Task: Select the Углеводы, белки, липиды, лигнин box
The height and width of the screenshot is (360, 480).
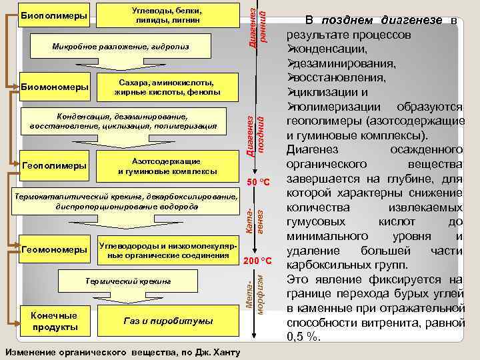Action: [x=167, y=16]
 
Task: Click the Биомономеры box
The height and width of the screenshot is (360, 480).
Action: [x=55, y=87]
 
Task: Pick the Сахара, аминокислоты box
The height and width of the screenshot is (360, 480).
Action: [x=167, y=87]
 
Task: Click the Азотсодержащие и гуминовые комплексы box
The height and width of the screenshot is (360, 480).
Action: [x=167, y=166]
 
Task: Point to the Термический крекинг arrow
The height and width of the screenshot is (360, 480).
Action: [x=127, y=282]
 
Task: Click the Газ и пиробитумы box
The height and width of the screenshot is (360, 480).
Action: [x=167, y=321]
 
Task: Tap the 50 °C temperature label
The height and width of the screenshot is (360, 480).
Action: [x=257, y=183]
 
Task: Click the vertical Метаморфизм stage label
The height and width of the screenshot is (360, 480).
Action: [x=256, y=293]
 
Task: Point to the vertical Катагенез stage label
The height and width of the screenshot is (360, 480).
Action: [x=256, y=221]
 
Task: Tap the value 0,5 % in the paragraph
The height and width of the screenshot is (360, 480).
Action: [x=303, y=337]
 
